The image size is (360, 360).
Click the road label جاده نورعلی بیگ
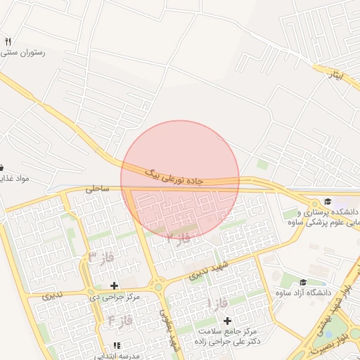[174, 176]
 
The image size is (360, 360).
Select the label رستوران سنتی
[24, 53]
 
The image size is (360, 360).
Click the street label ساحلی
[98, 189]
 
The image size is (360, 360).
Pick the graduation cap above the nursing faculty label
[327, 202]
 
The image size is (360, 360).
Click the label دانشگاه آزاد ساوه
[302, 292]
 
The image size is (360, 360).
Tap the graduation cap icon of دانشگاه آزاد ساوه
[302, 282]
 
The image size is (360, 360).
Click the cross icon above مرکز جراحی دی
[114, 285]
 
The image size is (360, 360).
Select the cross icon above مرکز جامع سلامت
[227, 321]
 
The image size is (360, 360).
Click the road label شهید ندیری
[207, 272]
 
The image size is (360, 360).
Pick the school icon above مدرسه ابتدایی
[117, 346]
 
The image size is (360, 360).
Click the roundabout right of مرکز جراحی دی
[158, 286]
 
